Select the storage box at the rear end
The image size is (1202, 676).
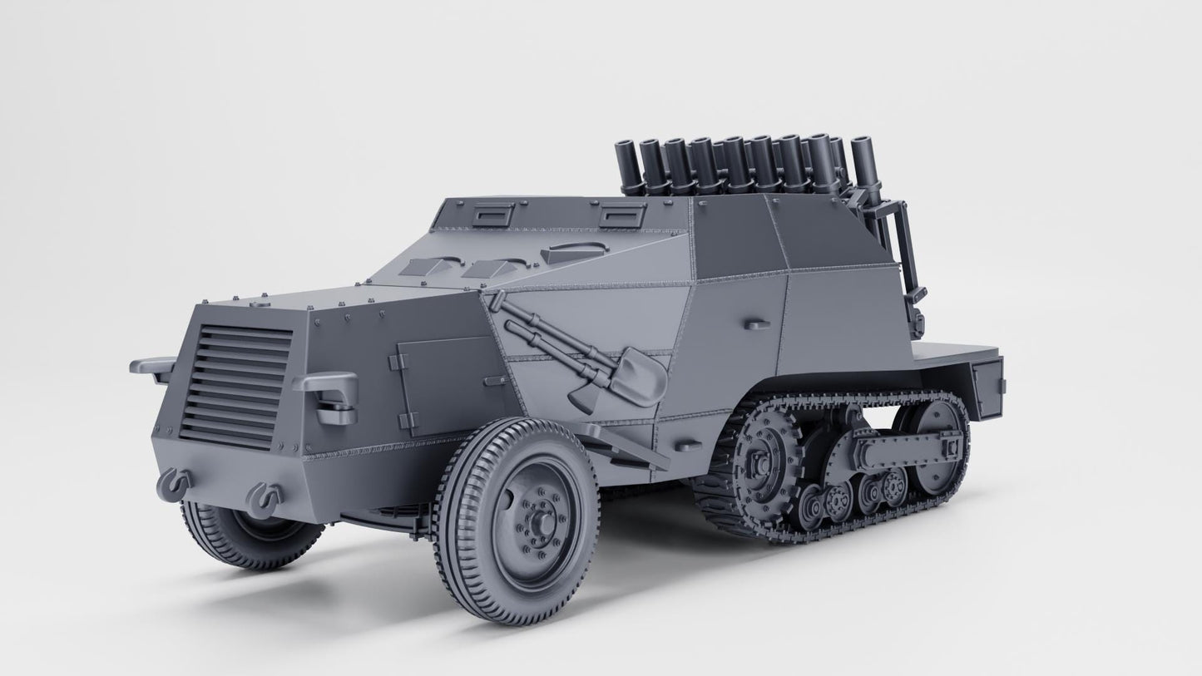pyautogui.click(x=987, y=387)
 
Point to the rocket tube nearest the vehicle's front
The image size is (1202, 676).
pyautogui.click(x=626, y=166)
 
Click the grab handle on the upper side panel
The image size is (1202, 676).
pyautogui.click(x=754, y=323)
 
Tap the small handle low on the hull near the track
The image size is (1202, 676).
pyautogui.click(x=686, y=447)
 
